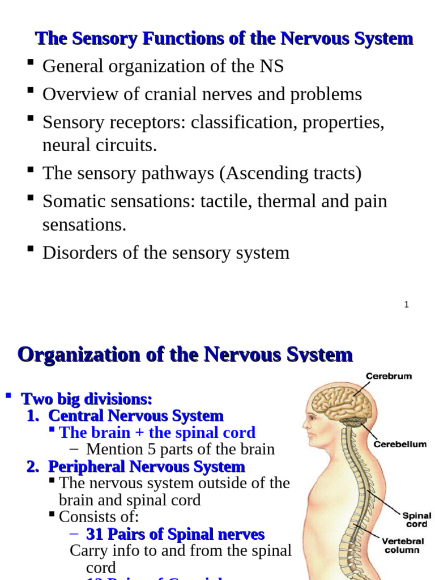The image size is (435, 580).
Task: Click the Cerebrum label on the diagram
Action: tap(389, 376)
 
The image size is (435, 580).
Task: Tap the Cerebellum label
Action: tap(400, 444)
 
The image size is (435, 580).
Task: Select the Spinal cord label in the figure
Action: tap(416, 520)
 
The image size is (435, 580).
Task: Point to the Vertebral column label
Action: tap(402, 545)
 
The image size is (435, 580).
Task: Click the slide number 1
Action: tap(407, 305)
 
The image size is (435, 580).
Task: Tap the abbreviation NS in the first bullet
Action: tap(271, 66)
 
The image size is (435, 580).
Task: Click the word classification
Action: tap(240, 122)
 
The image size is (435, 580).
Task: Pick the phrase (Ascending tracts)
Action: tap(290, 173)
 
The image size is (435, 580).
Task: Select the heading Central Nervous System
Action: tap(136, 416)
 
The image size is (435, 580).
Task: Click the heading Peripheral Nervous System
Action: tap(146, 467)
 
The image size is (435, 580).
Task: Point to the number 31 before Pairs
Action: tap(94, 534)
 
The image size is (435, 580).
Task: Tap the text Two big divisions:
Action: tap(87, 399)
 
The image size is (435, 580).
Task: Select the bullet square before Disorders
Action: tap(31, 249)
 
